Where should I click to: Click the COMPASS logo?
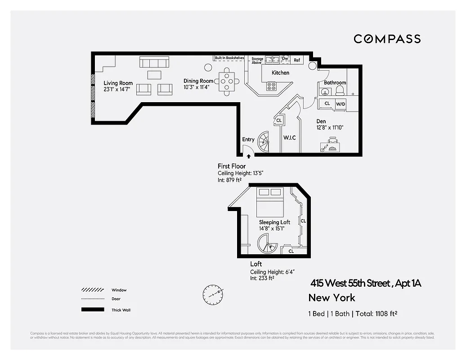coord(387,39)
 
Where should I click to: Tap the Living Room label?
coord(118,83)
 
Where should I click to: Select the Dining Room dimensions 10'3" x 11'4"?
coord(199,87)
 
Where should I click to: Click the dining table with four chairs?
coord(227,81)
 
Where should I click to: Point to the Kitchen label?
coord(280,72)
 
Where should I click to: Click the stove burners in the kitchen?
coord(272,85)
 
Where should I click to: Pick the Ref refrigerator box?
coord(297,60)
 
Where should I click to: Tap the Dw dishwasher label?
coord(285,58)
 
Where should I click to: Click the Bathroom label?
coord(335,82)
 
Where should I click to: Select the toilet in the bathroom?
coord(341,90)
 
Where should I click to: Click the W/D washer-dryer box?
coord(341,104)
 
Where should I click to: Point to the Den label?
coord(321,121)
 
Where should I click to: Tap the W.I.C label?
coord(289,138)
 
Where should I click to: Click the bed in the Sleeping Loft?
coord(269,201)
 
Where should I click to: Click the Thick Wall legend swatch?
coord(92,310)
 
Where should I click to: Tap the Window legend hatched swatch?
coord(92,290)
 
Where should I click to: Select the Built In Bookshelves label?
coord(229,58)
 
